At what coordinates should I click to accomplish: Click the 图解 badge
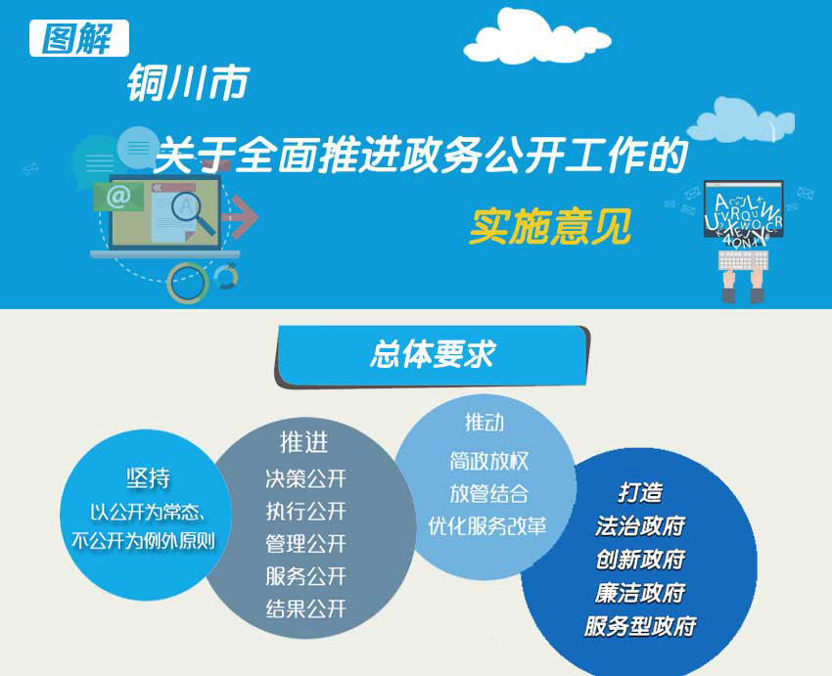[x=79, y=38]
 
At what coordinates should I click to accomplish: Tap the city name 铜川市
[x=188, y=83]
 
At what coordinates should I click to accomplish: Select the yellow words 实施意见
[x=550, y=227]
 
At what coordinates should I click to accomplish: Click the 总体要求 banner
[x=432, y=356]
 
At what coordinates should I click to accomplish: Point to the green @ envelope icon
[x=118, y=197]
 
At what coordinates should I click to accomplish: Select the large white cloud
[x=536, y=37]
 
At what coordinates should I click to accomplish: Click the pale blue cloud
[x=741, y=120]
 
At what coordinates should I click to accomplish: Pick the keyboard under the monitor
[x=743, y=260]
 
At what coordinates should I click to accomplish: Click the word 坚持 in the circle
[x=149, y=478]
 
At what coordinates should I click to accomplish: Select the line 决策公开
[x=306, y=478]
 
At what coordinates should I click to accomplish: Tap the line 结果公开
[x=306, y=608]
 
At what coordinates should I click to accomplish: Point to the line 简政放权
[x=489, y=461]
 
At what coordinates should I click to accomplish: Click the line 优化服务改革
[x=487, y=525]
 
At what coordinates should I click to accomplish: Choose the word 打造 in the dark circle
[x=640, y=492]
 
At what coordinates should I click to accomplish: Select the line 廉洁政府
[x=640, y=593]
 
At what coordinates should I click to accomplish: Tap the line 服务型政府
[x=640, y=626]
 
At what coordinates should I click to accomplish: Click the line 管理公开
[x=306, y=544]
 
